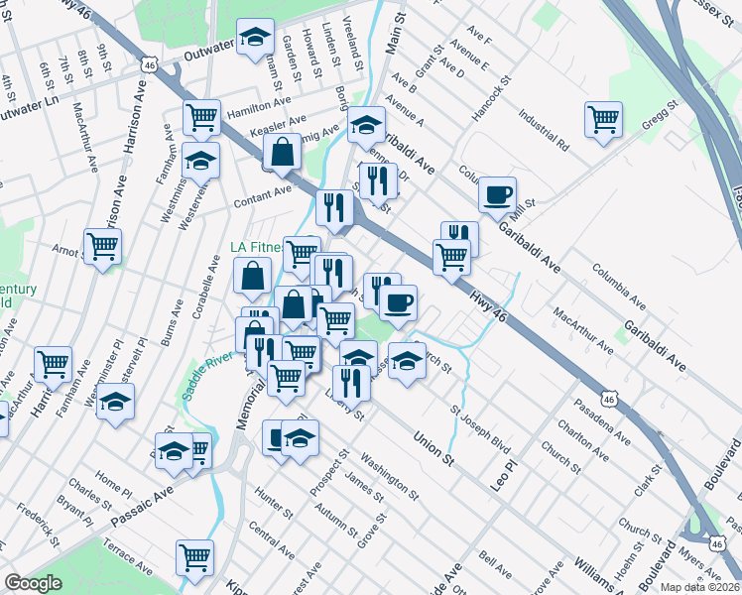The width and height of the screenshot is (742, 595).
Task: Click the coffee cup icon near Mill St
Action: pyautogui.click(x=497, y=192)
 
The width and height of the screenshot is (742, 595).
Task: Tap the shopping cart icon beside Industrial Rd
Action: pyautogui.click(x=603, y=120)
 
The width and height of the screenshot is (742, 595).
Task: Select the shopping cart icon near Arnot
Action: pyautogui.click(x=102, y=244)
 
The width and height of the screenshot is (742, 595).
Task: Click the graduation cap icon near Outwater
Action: pyautogui.click(x=256, y=38)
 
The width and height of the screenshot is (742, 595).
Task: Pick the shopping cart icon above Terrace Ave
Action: pyautogui.click(x=194, y=555)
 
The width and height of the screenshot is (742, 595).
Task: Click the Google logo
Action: pyautogui.click(x=33, y=583)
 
